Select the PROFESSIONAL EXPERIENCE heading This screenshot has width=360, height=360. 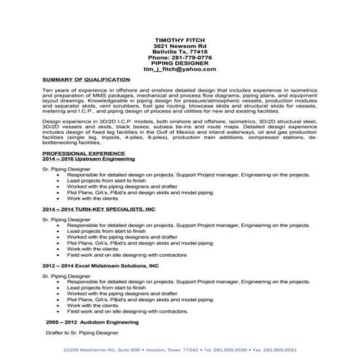[x=84, y=154]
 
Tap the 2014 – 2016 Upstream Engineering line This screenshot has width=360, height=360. [x=89, y=160]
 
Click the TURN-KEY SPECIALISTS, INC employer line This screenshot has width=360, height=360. [x=99, y=209]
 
